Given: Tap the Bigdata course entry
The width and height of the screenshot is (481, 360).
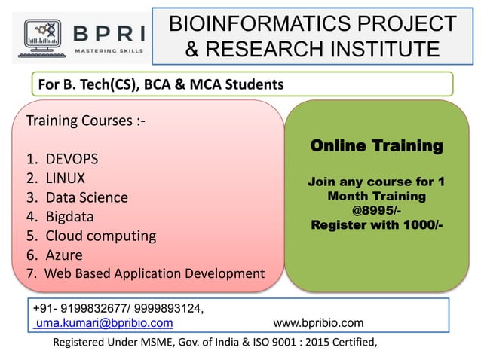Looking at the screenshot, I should [x=73, y=217].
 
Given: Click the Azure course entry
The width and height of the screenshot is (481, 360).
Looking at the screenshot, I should [x=64, y=255].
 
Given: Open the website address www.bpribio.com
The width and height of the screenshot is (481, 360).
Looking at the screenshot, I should [x=318, y=323].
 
